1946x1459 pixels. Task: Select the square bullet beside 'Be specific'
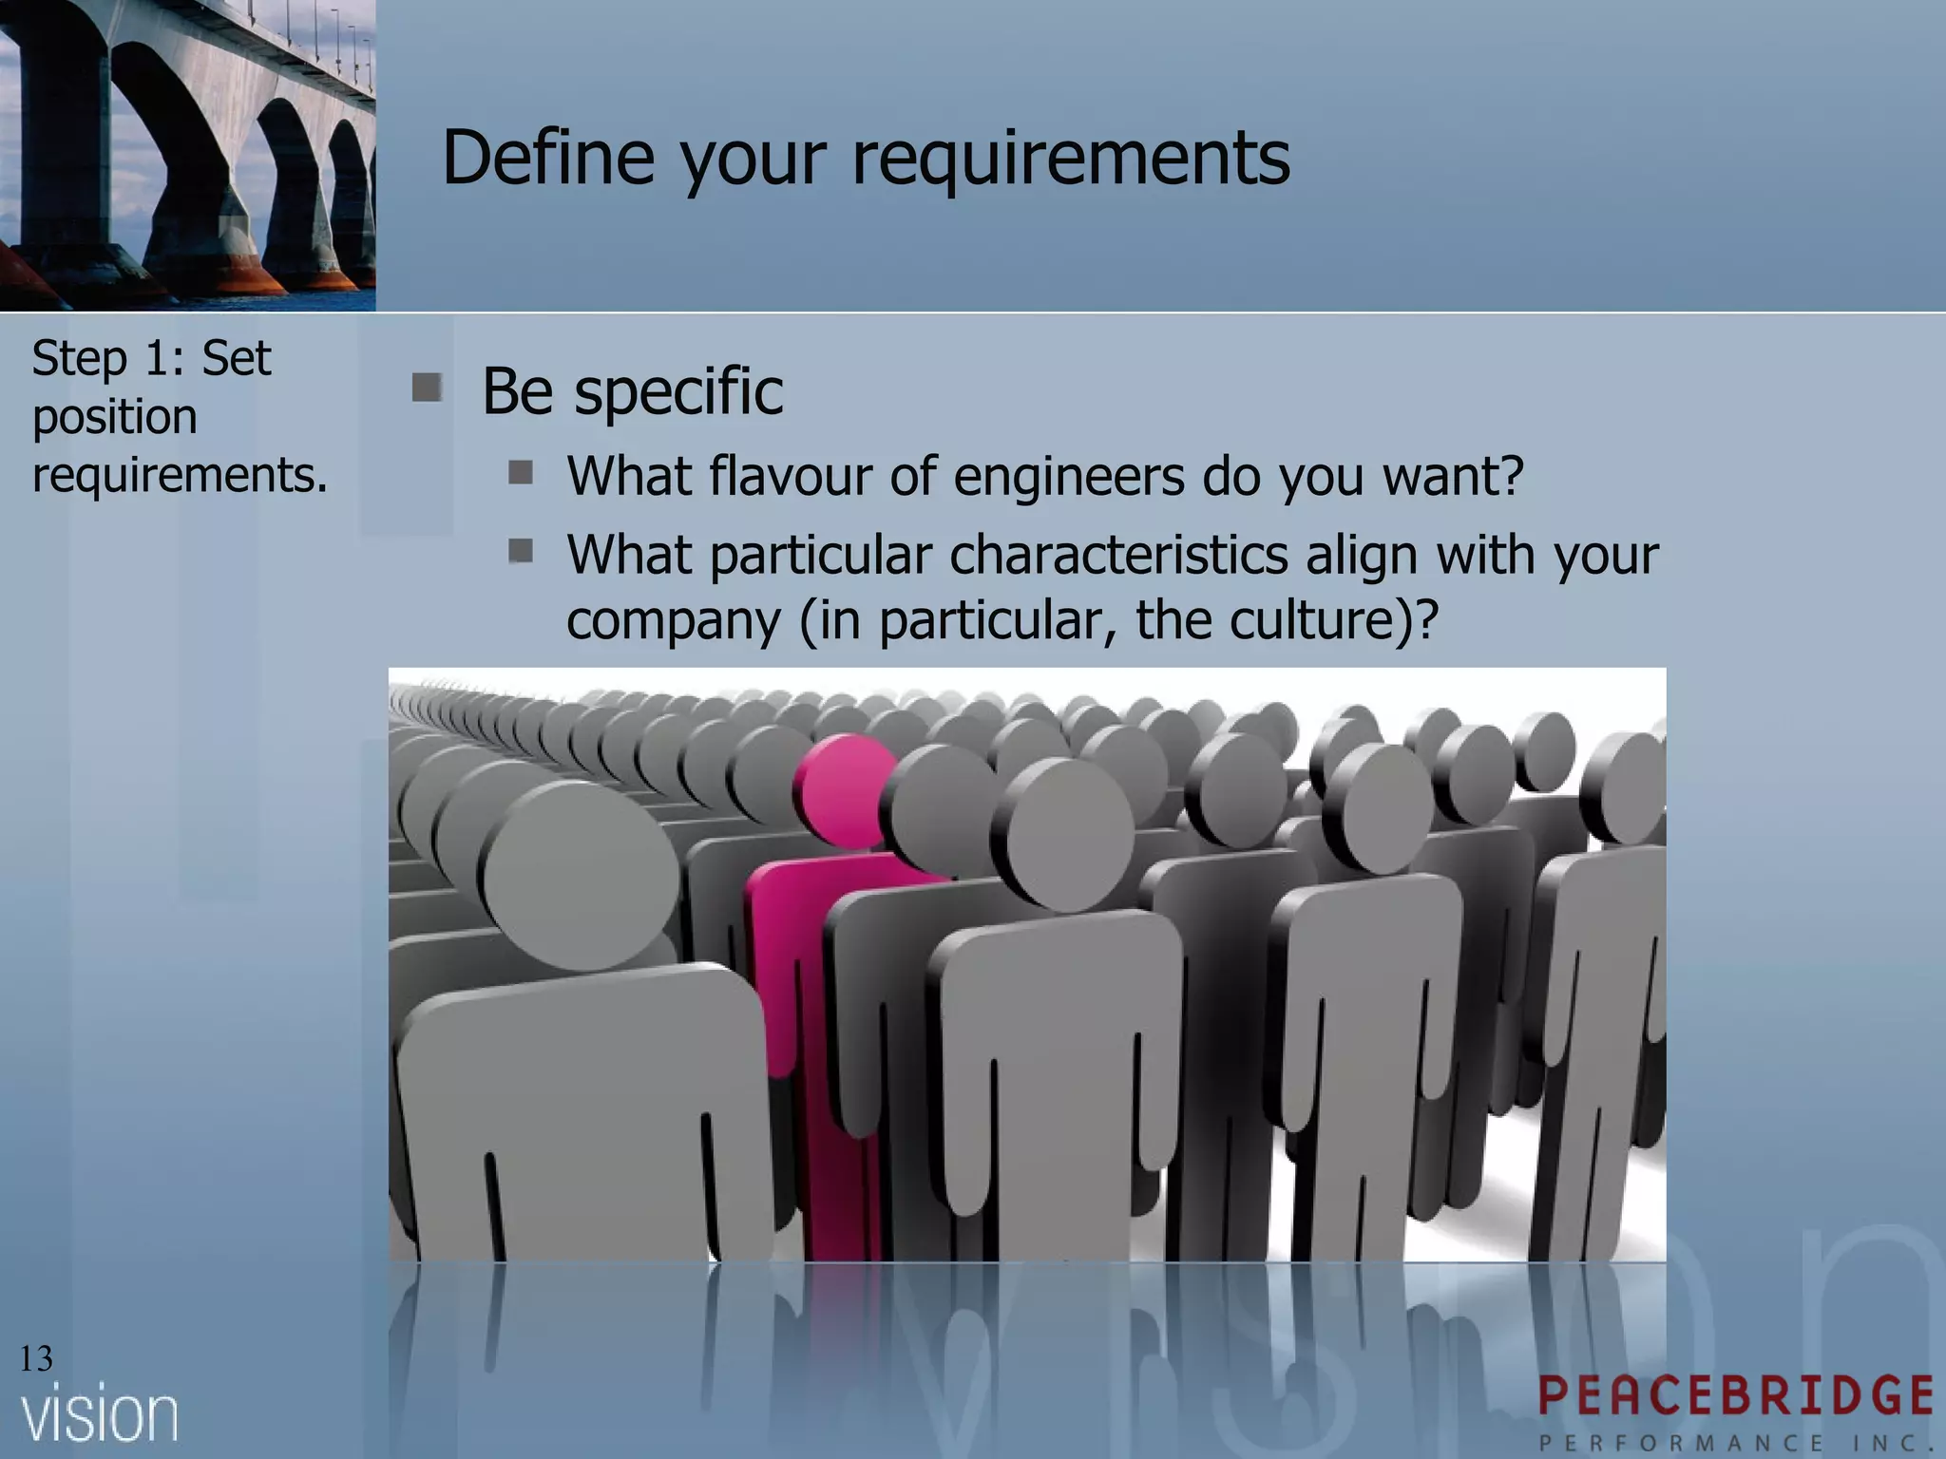(427, 388)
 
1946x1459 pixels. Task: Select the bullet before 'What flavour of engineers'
(520, 472)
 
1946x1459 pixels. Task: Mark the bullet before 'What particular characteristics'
(520, 550)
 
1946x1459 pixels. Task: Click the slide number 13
(36, 1359)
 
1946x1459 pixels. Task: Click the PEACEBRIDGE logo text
(1735, 1396)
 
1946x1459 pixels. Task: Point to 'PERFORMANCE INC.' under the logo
(1735, 1443)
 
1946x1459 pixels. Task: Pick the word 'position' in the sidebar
(115, 417)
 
